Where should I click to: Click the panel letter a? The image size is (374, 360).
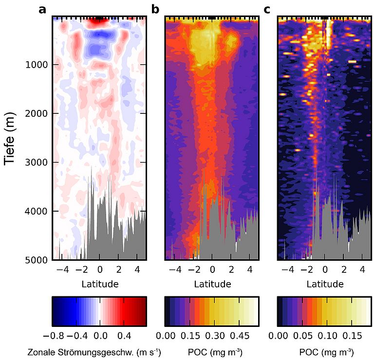(x=42, y=8)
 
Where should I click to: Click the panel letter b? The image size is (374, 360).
(x=155, y=8)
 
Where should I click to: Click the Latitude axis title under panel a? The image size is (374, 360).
(x=100, y=283)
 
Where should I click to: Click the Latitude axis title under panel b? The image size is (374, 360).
(x=212, y=283)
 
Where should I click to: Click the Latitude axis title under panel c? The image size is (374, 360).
(x=324, y=283)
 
